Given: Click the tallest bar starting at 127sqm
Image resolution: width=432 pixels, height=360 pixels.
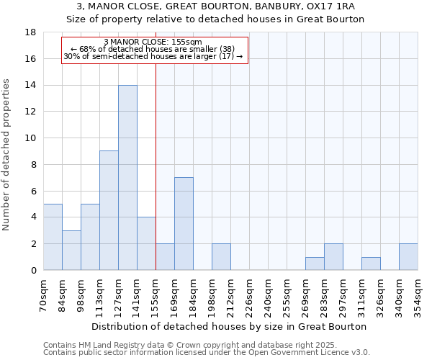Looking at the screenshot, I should click(x=127, y=178).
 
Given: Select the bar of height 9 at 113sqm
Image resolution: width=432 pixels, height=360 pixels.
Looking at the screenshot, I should click(x=109, y=210).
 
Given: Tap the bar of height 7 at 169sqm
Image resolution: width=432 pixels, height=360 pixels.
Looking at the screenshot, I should click(x=184, y=223).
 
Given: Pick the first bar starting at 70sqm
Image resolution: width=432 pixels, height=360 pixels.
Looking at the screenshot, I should click(x=53, y=237).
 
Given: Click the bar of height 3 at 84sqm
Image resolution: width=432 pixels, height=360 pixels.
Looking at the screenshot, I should click(x=71, y=250).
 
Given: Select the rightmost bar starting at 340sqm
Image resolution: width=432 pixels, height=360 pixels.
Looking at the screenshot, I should click(x=408, y=256).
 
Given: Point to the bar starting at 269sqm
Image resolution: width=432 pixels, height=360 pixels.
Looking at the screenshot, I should click(x=315, y=264).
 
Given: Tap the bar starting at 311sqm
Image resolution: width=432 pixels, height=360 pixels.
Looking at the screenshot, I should click(x=371, y=264).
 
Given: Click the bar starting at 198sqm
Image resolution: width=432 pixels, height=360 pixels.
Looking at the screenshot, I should click(x=221, y=256).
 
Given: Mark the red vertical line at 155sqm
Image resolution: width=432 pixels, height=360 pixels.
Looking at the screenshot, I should click(x=156, y=166).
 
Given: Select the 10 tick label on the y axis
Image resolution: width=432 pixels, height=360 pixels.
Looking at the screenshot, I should click(x=31, y=138).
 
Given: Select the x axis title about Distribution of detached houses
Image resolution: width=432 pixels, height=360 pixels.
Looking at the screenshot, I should click(x=230, y=326).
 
